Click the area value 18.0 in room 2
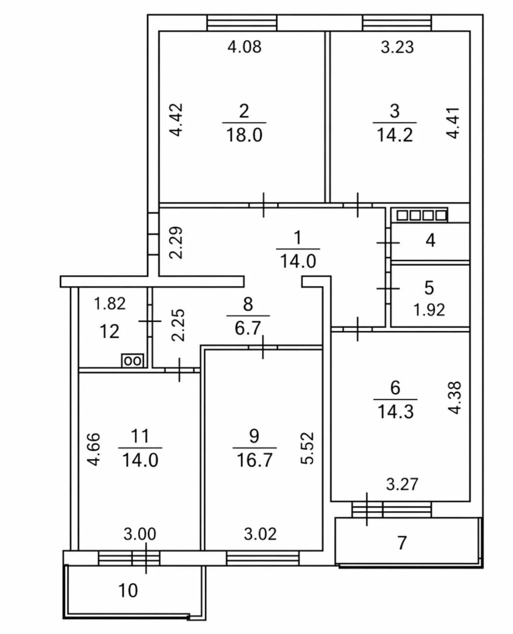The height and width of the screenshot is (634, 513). coord(244,135)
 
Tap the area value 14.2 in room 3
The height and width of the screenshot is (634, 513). coord(395,135)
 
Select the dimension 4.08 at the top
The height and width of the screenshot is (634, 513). coord(245,47)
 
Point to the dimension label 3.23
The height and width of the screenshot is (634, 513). coord(397,47)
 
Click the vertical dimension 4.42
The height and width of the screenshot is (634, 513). coord(177,120)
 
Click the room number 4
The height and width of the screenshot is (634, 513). coord(430,240)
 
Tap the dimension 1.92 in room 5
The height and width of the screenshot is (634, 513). coord(429,310)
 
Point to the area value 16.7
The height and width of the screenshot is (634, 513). coord(255,460)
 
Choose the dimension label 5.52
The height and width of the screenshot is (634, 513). coord(307,448)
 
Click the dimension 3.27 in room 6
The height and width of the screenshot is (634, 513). coord(402,484)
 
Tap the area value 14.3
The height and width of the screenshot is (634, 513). coord(396,413)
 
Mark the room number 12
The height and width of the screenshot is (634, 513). coord(110,332)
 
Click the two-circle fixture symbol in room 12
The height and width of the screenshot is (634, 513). coord(133,360)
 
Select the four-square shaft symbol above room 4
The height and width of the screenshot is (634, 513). coord(419,215)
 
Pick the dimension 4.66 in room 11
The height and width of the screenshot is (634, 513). coord(94,450)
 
